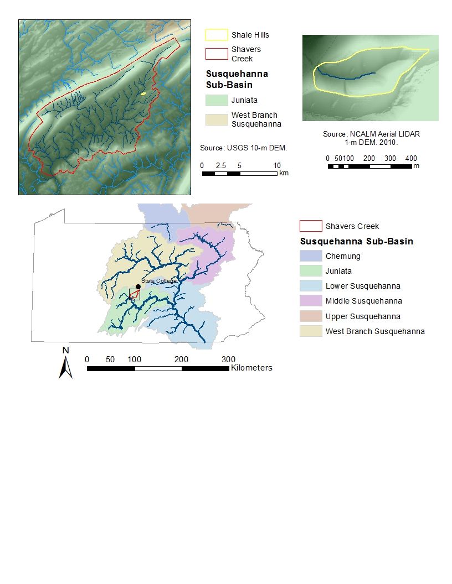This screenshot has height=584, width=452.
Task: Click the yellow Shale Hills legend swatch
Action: pos(217,35)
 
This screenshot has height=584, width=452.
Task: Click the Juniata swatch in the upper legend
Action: pos(217,100)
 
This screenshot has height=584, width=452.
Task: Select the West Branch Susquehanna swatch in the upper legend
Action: pos(217,120)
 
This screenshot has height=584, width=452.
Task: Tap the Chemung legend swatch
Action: pos(311,256)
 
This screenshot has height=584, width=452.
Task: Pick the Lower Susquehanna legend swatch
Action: pos(311,286)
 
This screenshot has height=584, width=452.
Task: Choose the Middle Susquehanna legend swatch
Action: pos(311,301)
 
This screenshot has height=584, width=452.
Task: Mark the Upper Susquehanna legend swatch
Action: pos(311,316)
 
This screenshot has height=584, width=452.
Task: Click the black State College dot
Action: pos(138,286)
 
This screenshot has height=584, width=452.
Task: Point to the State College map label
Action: pos(158,281)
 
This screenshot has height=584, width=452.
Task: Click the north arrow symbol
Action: pos(66,367)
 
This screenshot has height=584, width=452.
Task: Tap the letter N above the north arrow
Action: pos(65,350)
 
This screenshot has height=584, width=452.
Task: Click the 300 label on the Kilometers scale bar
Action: pos(228,359)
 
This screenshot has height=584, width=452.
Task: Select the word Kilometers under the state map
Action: pos(251,368)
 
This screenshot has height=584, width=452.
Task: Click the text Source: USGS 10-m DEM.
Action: pos(243,148)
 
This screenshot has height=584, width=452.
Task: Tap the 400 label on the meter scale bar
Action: pos(410,158)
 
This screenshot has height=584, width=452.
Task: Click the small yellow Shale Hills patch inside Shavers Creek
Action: pos(143,94)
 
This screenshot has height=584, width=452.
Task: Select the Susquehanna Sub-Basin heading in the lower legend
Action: pos(356,242)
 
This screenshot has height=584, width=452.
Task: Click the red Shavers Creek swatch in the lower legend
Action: pos(311,226)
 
